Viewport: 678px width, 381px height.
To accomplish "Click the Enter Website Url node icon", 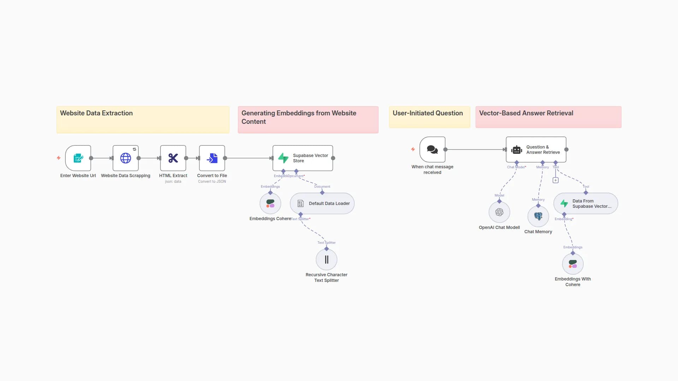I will tap(78, 158).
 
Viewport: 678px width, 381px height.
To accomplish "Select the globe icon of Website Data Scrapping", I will tap(125, 158).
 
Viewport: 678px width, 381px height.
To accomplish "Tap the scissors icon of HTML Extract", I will tap(173, 158).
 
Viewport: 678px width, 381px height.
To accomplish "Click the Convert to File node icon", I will tap(212, 158).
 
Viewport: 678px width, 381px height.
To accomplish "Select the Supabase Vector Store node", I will tap(303, 158).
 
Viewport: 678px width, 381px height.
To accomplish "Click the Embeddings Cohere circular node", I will tap(270, 204).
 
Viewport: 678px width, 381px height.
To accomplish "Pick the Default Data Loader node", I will tap(322, 204).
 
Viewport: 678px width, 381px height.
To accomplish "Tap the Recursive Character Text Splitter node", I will tap(326, 260).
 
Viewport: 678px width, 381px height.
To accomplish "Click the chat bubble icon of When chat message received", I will tap(432, 150).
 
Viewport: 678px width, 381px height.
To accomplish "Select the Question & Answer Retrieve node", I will tap(536, 150).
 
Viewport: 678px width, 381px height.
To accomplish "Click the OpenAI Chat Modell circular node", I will tap(499, 212).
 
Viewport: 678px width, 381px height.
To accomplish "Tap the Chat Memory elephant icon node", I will tap(538, 216).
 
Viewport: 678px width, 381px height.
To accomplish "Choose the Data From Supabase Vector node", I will tap(585, 204).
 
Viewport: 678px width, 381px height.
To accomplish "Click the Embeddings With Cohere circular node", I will tap(573, 264).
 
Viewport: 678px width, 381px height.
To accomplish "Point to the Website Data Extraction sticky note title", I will tap(96, 113).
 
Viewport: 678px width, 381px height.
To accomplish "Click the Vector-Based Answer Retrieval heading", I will tap(526, 113).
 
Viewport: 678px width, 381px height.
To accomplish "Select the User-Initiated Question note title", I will tap(428, 113).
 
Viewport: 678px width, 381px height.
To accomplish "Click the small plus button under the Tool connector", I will tap(555, 180).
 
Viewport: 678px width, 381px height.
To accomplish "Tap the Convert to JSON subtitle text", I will tap(212, 182).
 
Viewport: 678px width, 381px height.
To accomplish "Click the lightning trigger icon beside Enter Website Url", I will tap(59, 158).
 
